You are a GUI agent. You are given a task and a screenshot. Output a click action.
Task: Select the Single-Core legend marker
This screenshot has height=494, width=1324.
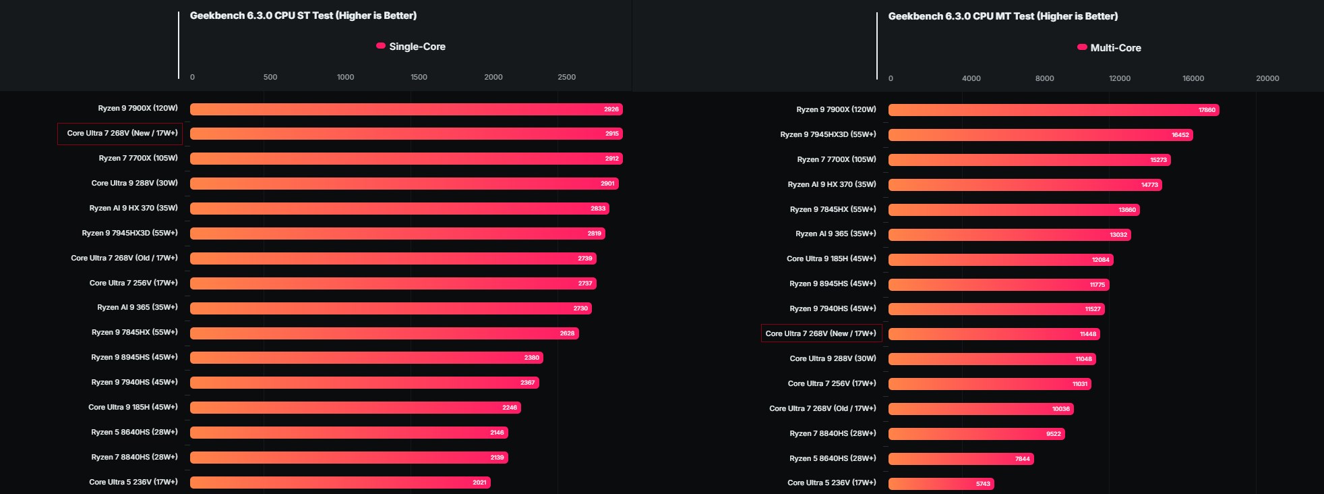[381, 46]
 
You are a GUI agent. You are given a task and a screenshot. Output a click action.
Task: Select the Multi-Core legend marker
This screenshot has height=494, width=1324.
[1082, 47]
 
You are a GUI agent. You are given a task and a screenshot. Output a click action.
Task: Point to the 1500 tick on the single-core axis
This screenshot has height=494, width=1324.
[419, 77]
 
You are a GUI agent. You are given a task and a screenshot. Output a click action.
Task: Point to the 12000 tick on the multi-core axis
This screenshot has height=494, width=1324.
[1119, 78]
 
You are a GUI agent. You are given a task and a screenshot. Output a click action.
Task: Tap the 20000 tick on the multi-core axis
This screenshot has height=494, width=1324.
[1267, 78]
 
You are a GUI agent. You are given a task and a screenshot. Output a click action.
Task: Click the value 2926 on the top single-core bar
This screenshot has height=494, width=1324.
[611, 109]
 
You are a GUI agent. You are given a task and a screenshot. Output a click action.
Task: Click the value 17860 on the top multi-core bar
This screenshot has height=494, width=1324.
[1207, 110]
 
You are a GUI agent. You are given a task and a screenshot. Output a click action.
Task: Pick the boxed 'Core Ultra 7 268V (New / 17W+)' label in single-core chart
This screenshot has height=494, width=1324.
[122, 134]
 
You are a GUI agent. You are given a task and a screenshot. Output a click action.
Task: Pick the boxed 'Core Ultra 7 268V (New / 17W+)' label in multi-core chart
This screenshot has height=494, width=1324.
[820, 333]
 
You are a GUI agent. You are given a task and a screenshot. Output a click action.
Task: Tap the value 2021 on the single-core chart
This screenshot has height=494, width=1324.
[479, 483]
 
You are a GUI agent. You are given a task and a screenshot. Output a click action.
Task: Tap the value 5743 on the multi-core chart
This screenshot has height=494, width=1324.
[983, 484]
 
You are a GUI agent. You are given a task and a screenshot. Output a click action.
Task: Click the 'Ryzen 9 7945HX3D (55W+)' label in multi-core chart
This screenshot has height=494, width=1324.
[828, 134]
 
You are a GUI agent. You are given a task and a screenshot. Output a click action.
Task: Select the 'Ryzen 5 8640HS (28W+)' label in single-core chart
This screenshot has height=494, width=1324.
[134, 432]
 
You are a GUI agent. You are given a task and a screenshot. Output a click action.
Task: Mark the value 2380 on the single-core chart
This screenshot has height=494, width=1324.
[531, 358]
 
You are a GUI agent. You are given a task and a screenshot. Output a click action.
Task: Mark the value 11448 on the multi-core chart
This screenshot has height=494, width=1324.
[1087, 334]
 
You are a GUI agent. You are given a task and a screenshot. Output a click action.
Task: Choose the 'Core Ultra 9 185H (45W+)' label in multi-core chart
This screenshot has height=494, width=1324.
[831, 258]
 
